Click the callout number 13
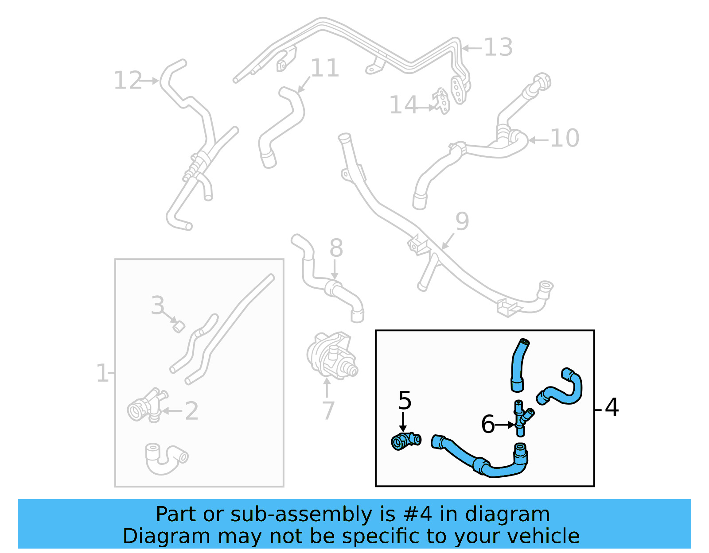(498, 47)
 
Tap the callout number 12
(128, 81)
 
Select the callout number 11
(325, 68)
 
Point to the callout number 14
(403, 105)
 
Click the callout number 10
(565, 138)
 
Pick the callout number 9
(462, 221)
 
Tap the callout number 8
(336, 248)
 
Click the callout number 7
(328, 411)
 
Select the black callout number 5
(405, 400)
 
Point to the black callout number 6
(488, 424)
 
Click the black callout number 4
(612, 407)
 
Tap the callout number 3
(158, 306)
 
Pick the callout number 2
(191, 411)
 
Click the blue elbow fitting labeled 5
(405, 441)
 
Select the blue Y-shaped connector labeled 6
(522, 418)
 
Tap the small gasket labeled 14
(442, 101)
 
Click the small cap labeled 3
(178, 327)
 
